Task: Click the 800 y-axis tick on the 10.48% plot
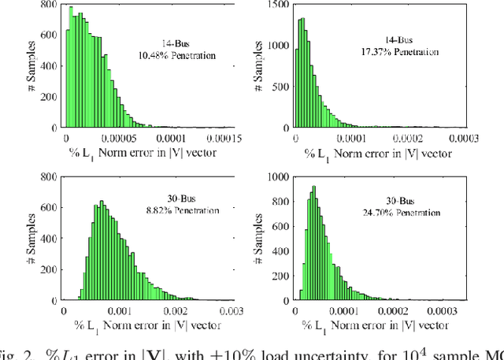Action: (49, 6)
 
